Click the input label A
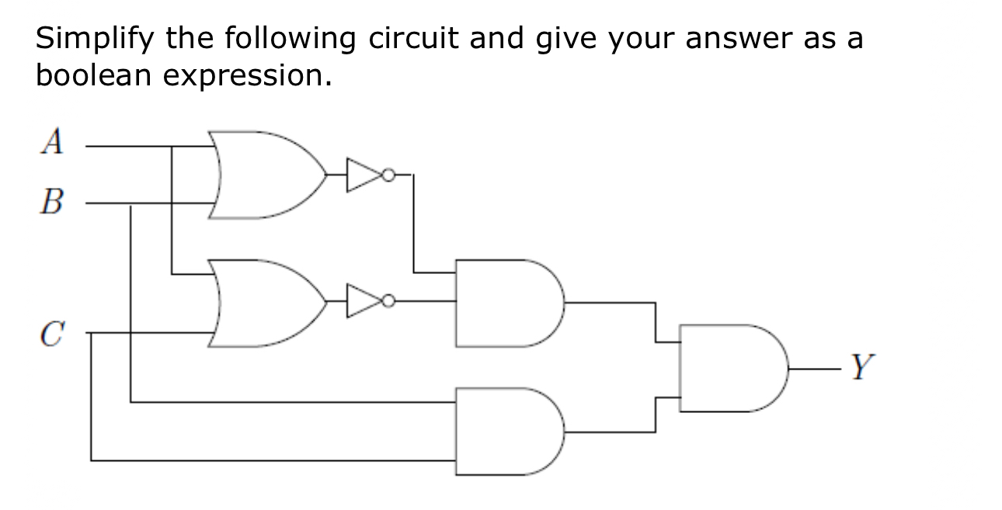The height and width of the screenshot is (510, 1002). (x=53, y=142)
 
